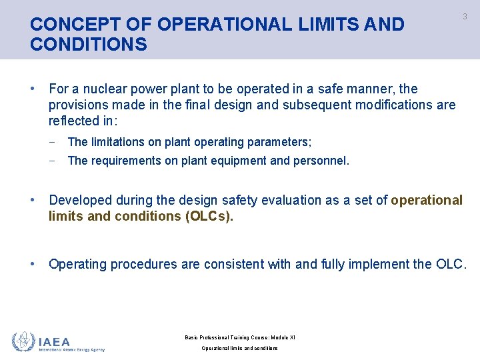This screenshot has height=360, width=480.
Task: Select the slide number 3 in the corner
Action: point(465,17)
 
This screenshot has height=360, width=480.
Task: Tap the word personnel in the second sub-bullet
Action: point(321,161)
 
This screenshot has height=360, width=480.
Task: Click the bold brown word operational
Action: point(427,201)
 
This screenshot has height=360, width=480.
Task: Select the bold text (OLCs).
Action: point(209,217)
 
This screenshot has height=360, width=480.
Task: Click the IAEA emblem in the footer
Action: point(24,341)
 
